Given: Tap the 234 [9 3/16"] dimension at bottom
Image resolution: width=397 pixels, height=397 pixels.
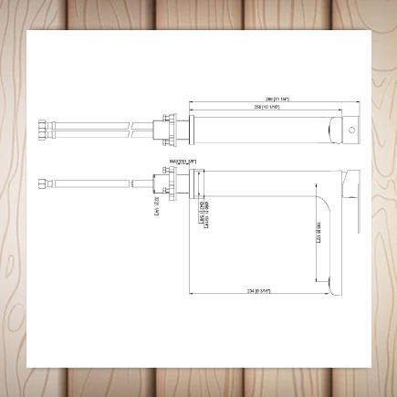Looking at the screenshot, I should [258, 291].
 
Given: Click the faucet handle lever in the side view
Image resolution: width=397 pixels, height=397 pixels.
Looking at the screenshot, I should [351, 190].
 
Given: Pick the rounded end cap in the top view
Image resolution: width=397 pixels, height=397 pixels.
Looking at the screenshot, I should [350, 130].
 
